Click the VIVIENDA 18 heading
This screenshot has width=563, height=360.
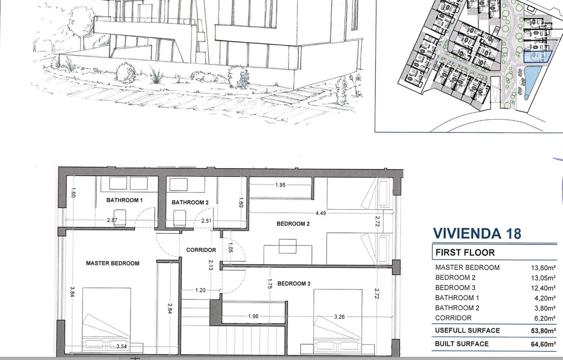point(477,234)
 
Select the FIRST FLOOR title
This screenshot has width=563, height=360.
point(465,253)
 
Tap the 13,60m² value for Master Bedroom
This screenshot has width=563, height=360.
point(543,268)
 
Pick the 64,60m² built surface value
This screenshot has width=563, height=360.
point(543,344)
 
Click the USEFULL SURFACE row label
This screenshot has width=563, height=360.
point(467,330)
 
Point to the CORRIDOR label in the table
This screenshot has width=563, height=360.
point(453,318)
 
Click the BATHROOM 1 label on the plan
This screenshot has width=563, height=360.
point(124,200)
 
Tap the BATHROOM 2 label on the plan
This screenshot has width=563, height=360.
point(190,202)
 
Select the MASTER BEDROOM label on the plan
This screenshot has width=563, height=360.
point(113,263)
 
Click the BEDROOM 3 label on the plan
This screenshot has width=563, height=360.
point(294,283)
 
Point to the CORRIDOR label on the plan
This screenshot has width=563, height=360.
point(201,250)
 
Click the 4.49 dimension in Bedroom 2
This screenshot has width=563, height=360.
point(321,213)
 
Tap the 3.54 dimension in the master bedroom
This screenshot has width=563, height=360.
point(122,346)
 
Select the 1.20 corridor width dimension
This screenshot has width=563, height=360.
point(200,290)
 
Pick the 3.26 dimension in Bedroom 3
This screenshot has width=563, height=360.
point(339,317)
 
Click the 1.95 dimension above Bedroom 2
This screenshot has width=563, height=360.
point(280,185)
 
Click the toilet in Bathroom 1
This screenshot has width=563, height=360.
point(120,218)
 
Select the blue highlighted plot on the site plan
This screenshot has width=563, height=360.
point(537,57)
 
